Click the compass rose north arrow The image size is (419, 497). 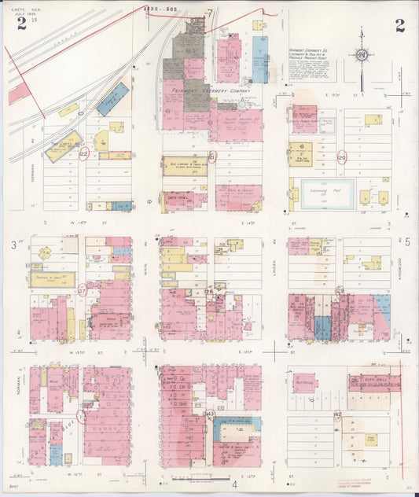tap(361, 55)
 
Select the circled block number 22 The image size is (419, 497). tap(84, 155)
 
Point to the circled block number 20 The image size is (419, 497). tap(341, 156)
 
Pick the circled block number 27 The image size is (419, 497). tap(82, 291)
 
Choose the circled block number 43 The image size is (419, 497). tap(210, 414)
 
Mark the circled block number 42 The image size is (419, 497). tap(338, 414)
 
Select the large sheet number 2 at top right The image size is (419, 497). tap(399, 24)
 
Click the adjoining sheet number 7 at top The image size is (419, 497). tap(210, 13)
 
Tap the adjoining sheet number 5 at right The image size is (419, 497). tap(407, 243)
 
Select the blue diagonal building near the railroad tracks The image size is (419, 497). tap(112, 100)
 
